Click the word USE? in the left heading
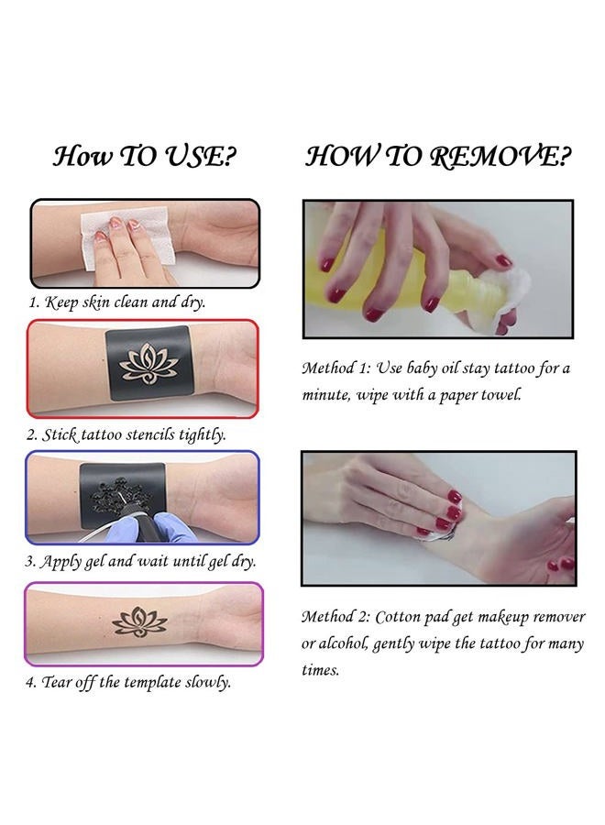point(201,156)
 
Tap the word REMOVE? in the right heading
point(500,156)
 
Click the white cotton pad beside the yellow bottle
point(505,300)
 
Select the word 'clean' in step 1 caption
point(130,302)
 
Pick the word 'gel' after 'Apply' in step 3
point(94,562)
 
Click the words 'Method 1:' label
point(336,368)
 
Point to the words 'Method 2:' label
point(336,617)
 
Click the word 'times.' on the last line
point(320,670)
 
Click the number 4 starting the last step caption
point(30,683)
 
